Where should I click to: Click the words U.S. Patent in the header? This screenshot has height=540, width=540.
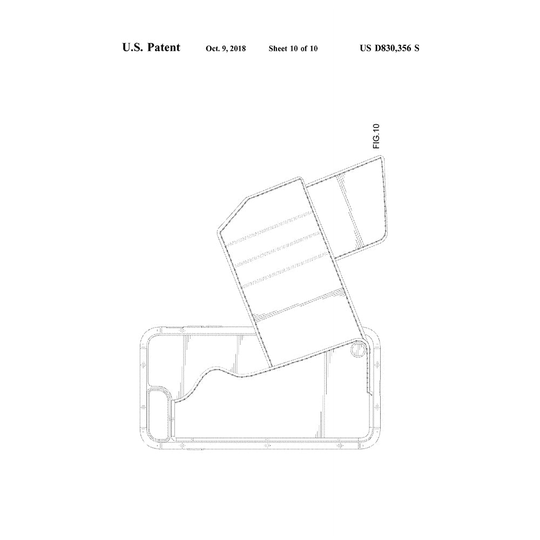pos(151,47)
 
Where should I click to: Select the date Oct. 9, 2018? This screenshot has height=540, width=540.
pos(226,49)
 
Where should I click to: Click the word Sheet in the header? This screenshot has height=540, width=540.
pos(278,49)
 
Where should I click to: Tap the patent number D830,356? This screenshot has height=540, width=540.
pos(393,48)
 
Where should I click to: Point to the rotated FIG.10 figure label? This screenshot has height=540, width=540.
pos(376,136)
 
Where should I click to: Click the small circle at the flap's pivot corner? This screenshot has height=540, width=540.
pos(358,350)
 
